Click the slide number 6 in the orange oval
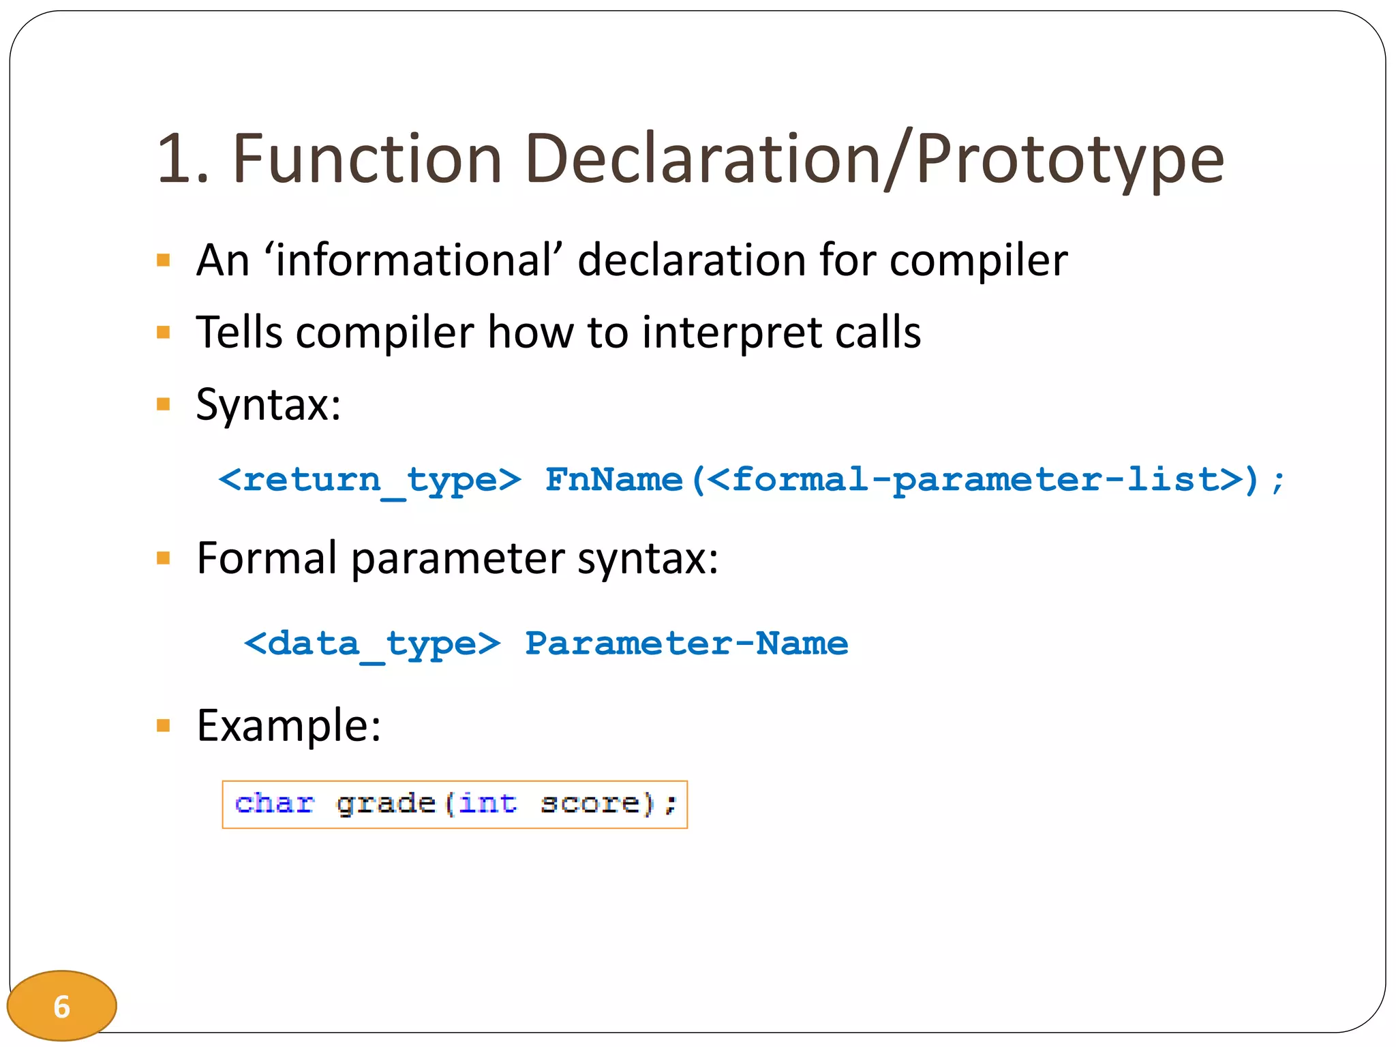click(x=62, y=1006)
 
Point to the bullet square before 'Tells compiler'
click(x=163, y=333)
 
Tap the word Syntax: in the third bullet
click(x=269, y=405)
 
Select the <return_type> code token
click(x=369, y=480)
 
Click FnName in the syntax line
click(x=613, y=480)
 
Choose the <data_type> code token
click(x=372, y=644)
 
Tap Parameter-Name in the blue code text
click(x=686, y=644)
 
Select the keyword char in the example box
click(x=274, y=804)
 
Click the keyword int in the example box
click(x=487, y=804)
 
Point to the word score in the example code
click(x=590, y=804)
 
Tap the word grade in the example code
click(x=386, y=804)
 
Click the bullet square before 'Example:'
click(x=163, y=725)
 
